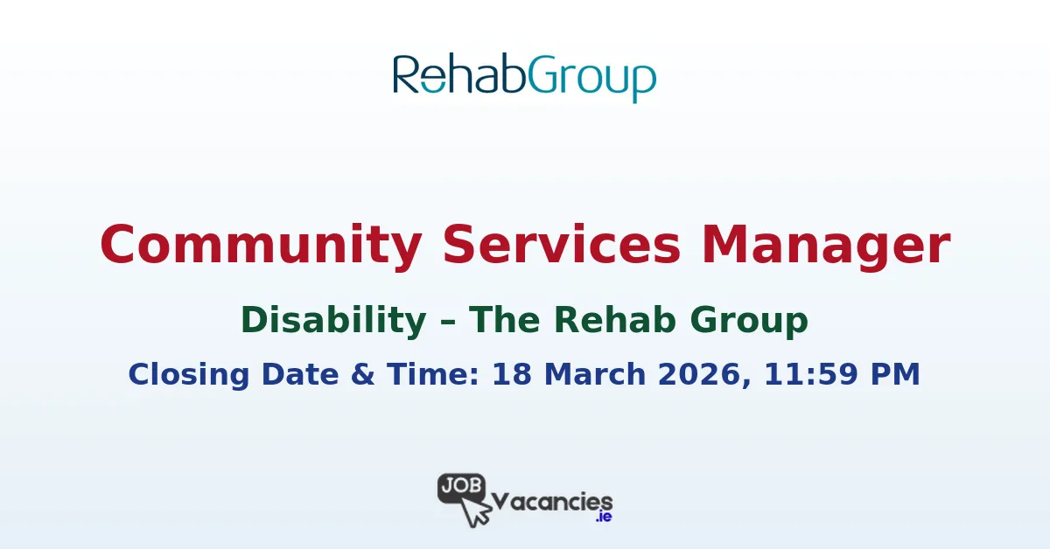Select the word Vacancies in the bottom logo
[x=552, y=502]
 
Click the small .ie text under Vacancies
[x=603, y=518]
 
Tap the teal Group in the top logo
[x=591, y=77]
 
